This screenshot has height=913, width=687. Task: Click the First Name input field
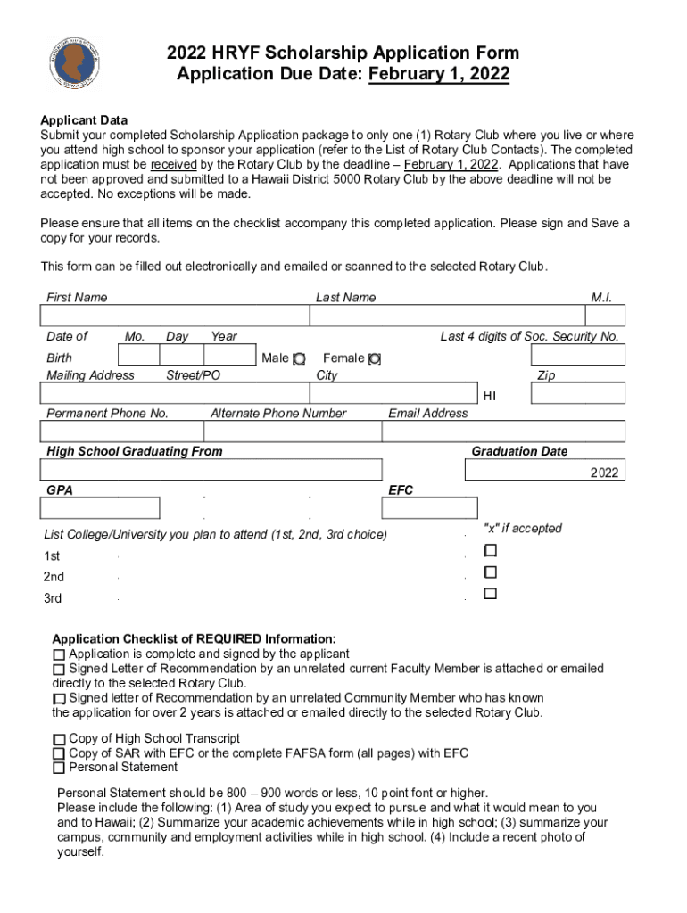[174, 317]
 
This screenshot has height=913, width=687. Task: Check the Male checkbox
[300, 358]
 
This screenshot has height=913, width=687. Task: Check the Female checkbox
[375, 358]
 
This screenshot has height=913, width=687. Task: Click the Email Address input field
[503, 432]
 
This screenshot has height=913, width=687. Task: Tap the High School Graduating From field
[211, 470]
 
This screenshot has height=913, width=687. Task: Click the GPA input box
[100, 508]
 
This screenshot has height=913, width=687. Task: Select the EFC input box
[423, 508]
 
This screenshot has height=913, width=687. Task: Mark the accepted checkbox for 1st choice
[490, 550]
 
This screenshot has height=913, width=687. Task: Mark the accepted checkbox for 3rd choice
[490, 593]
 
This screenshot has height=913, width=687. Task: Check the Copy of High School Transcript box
[59, 739]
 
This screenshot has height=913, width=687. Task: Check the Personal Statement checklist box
[59, 768]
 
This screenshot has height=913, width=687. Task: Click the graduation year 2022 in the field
[603, 473]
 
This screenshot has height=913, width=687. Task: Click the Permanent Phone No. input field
[121, 432]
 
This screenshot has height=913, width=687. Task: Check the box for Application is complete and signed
[59, 654]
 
